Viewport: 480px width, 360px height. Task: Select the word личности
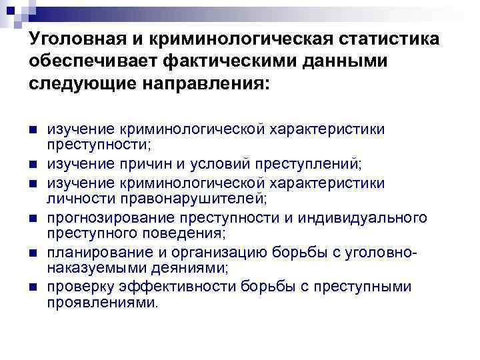[73, 198]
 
